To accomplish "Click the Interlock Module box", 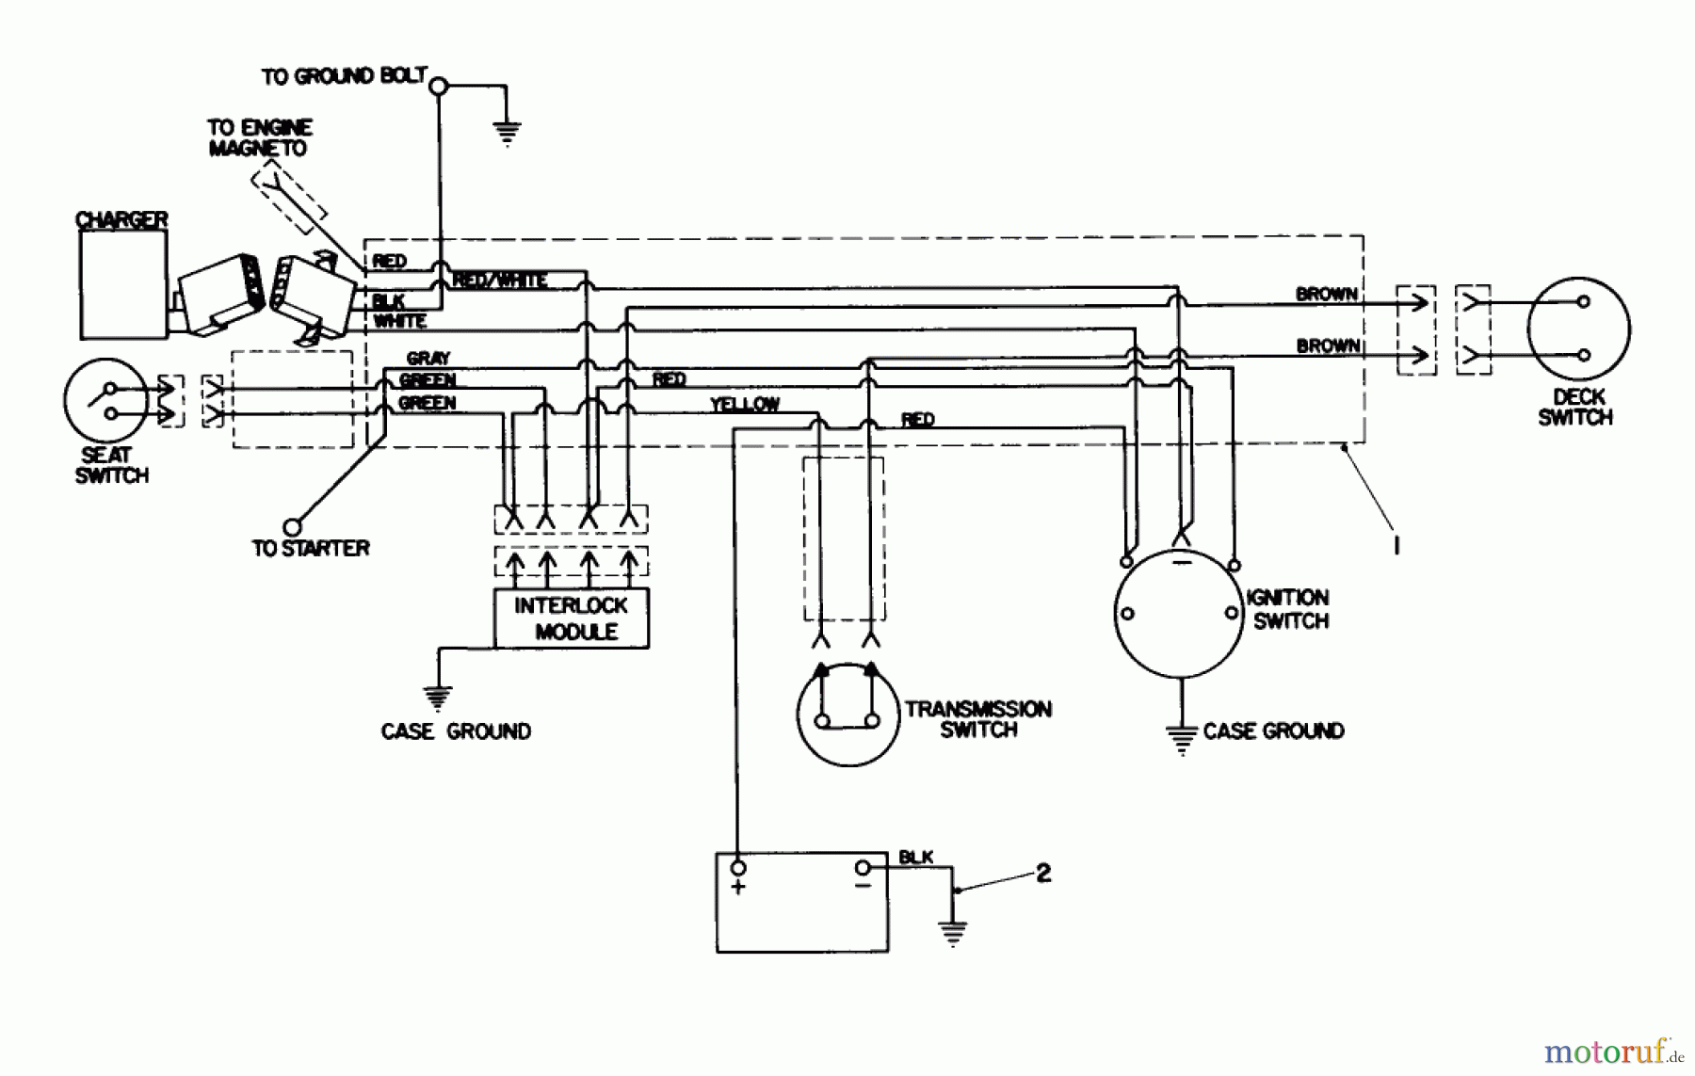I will click(x=572, y=618).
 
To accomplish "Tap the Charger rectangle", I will click(x=123, y=284).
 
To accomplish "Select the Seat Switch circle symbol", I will click(x=105, y=400).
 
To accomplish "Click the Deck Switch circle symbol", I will click(x=1578, y=329).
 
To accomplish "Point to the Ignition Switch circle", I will click(x=1179, y=613).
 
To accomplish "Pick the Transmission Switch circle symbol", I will click(x=847, y=714).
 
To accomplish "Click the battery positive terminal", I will click(x=738, y=867).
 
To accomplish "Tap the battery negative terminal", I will click(x=863, y=867).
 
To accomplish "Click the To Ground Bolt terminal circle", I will click(x=438, y=87).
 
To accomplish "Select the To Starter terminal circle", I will click(x=293, y=527).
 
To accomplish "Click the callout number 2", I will click(x=1043, y=874).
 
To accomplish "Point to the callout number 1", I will click(x=1397, y=545).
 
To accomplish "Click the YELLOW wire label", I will click(x=744, y=405).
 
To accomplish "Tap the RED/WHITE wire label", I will click(x=499, y=281).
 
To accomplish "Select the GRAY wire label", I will click(x=428, y=358).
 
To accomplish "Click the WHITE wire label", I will click(x=400, y=322).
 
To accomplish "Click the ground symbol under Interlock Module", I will click(x=437, y=698).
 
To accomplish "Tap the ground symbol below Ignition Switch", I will click(x=1181, y=739).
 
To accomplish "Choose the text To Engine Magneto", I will click(x=259, y=138).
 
